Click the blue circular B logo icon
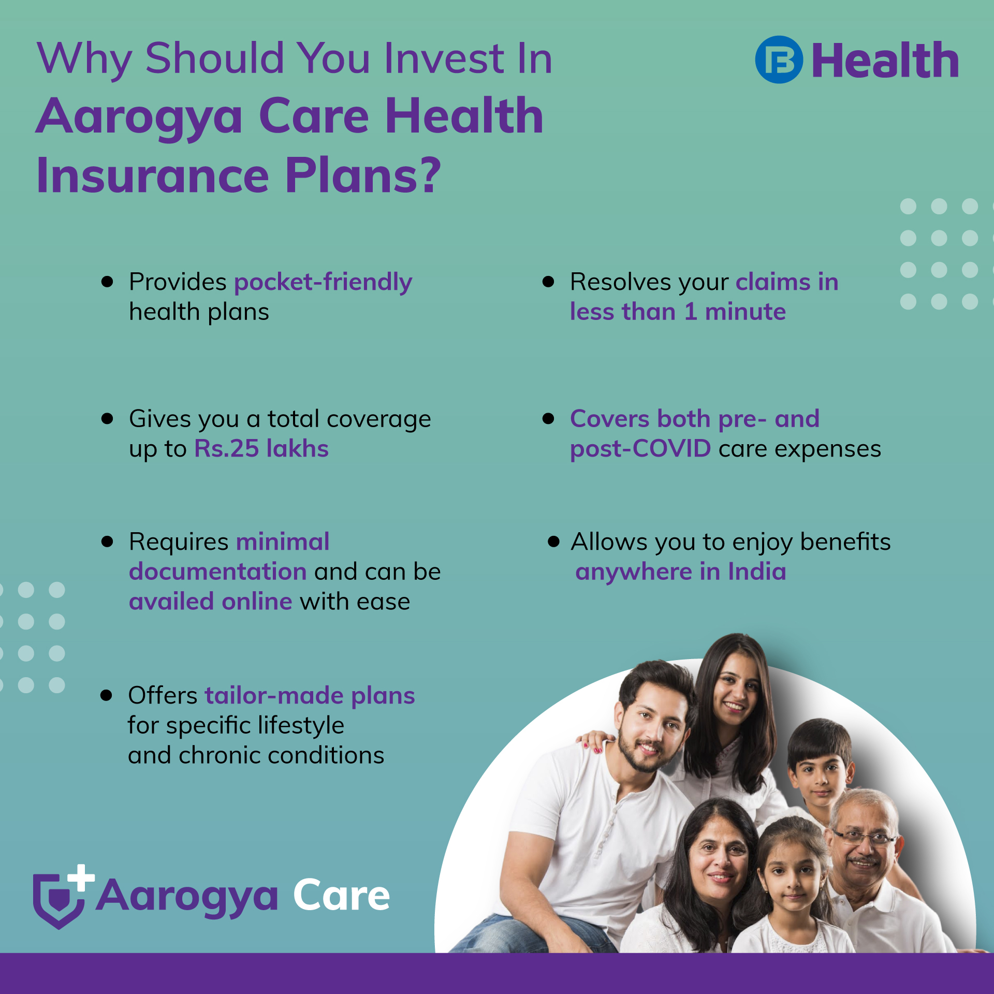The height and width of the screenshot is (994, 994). (x=779, y=60)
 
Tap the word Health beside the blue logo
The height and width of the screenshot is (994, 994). (x=885, y=61)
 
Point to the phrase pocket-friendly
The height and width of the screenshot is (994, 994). (x=323, y=283)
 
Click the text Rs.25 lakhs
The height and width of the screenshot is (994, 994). (x=261, y=448)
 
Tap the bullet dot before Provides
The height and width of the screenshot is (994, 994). (x=107, y=282)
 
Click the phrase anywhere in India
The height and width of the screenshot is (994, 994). (x=681, y=572)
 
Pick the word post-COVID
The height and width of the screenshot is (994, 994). (x=640, y=449)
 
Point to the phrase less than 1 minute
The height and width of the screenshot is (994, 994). (x=678, y=312)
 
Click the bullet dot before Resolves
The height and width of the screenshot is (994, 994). (x=548, y=282)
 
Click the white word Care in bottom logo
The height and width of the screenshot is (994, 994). (x=341, y=895)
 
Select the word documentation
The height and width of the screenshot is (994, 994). (x=218, y=572)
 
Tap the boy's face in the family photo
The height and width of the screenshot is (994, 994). (x=821, y=771)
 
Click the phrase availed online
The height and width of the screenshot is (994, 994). (x=211, y=602)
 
